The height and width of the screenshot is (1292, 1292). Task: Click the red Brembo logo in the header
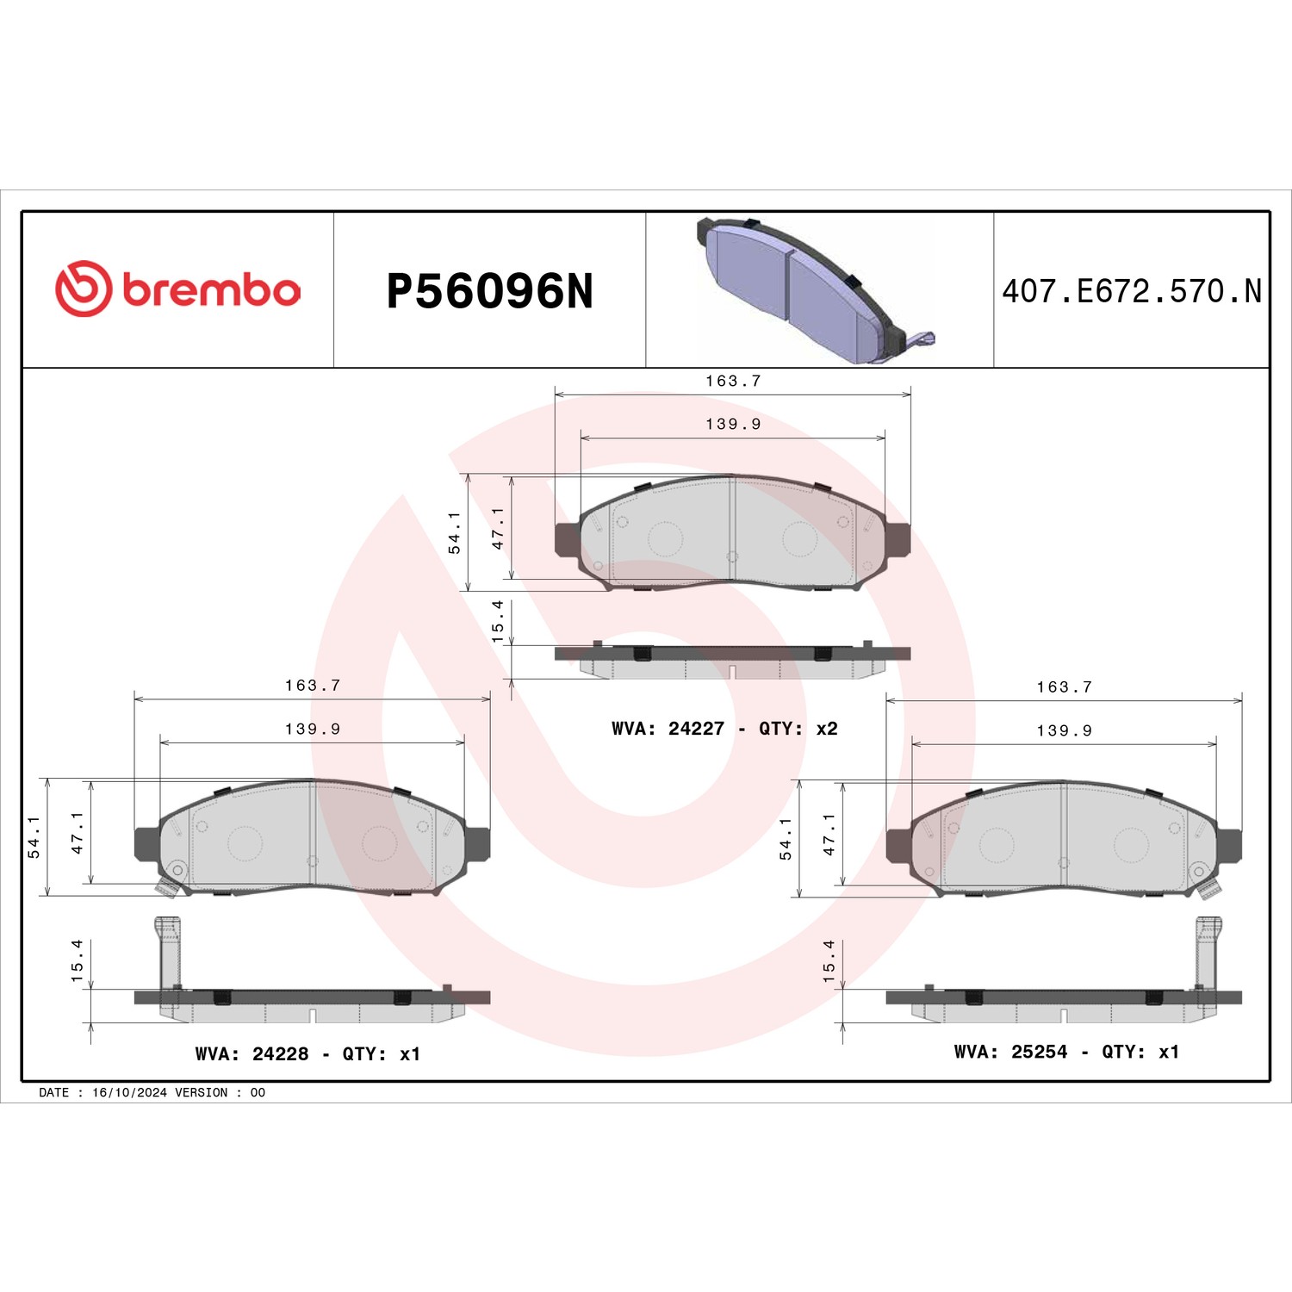(178, 289)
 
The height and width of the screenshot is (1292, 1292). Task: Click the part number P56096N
(490, 291)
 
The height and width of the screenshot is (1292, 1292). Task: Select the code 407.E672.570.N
(1132, 291)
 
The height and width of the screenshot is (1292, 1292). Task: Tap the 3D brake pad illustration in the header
(815, 291)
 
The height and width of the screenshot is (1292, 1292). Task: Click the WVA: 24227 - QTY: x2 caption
(724, 729)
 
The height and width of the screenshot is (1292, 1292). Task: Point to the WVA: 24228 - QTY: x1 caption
(307, 1054)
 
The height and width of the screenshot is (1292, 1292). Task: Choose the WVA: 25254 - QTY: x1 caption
(1066, 1052)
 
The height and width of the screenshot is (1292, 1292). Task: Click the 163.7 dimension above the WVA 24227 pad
(733, 381)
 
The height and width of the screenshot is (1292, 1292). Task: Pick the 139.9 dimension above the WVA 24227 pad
(733, 424)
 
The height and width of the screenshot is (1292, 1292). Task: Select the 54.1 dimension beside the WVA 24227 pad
(454, 532)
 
